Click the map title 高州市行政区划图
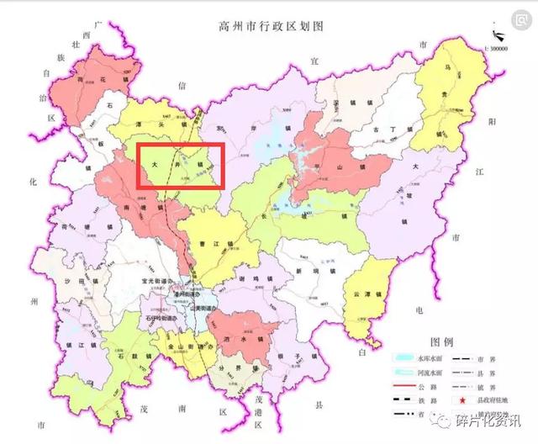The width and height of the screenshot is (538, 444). point(268,28)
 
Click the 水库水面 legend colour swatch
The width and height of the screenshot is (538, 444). point(404,358)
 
